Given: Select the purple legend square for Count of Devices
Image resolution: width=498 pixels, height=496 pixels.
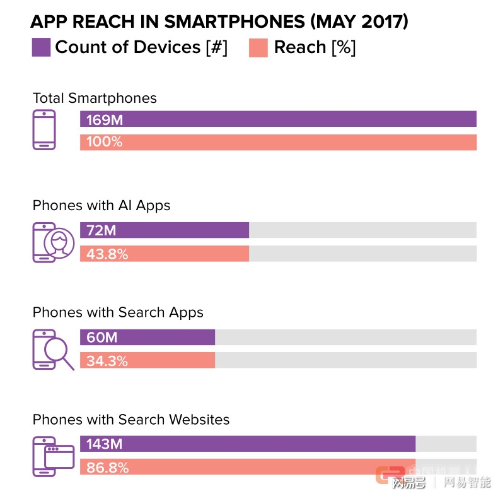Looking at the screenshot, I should [41, 47].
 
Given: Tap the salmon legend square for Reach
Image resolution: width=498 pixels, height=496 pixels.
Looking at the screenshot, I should [258, 47].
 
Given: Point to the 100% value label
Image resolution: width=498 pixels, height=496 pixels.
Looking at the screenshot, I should [105, 142].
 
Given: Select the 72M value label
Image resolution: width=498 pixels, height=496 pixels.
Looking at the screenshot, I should [101, 230].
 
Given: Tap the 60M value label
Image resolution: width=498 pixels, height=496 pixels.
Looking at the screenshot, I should [101, 338].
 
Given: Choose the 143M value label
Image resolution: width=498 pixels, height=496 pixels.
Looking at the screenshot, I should [104, 444].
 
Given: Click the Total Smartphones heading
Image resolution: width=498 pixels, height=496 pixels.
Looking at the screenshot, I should [95, 98].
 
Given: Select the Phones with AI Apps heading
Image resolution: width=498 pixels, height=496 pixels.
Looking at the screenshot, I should [101, 205].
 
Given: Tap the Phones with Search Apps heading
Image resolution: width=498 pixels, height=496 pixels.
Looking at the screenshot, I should [118, 312].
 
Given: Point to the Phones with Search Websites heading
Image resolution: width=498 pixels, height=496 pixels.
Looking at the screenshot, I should [131, 420].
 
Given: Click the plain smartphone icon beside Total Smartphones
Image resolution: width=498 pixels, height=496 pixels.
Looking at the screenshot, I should [44, 130].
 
